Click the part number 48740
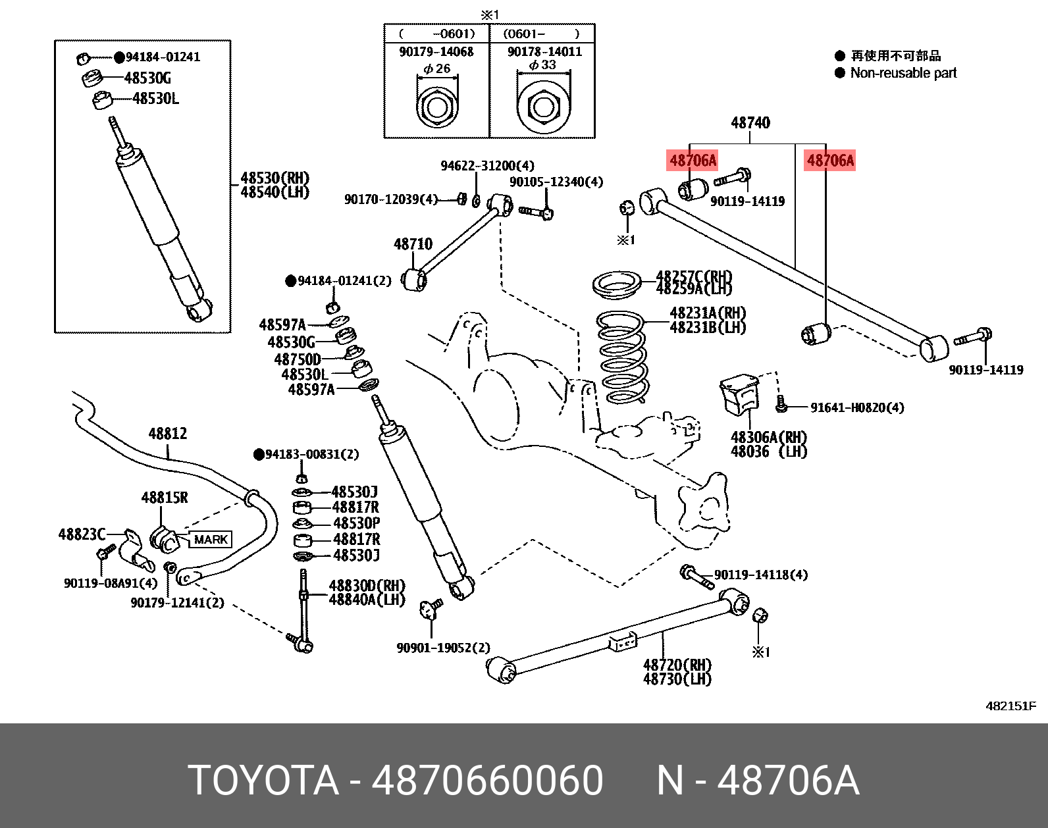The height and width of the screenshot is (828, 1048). point(750,122)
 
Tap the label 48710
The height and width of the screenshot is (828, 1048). point(413,244)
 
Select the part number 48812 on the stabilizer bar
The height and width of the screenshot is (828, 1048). point(167,433)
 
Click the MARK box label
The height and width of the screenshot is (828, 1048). point(211,540)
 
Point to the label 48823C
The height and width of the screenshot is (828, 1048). point(82,534)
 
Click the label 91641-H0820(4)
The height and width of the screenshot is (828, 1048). point(856,407)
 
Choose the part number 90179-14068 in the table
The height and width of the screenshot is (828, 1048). point(436,51)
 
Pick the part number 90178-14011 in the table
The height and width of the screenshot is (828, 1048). point(544,51)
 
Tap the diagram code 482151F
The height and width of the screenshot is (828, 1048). point(1010,706)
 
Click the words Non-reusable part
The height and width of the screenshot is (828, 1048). point(903,73)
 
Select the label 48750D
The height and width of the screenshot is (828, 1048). point(298,359)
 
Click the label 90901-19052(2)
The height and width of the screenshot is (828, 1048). point(443,648)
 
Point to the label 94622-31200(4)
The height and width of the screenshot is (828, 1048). point(487,165)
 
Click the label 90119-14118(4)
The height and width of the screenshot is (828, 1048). point(760,575)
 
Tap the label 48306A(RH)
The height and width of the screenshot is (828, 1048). point(768,437)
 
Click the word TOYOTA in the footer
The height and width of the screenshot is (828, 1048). point(263,781)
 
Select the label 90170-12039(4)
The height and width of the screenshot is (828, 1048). point(390,199)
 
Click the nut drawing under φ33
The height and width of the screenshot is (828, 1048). point(543,107)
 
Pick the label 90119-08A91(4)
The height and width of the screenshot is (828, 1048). point(111,583)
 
